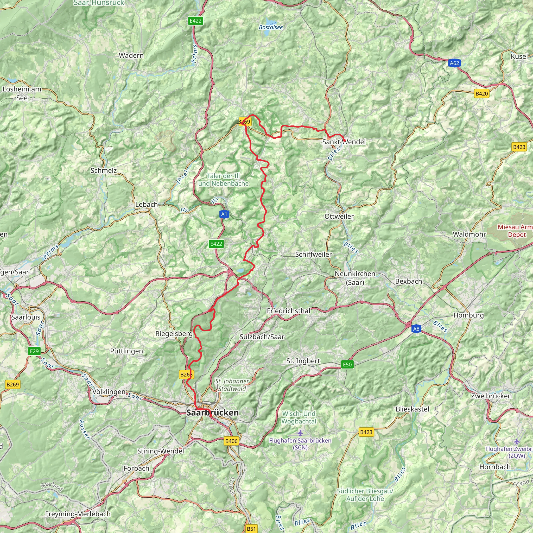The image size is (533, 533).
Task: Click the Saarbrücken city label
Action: tap(212, 413)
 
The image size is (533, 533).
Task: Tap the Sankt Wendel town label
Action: tap(344, 142)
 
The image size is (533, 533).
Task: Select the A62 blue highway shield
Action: tap(454, 63)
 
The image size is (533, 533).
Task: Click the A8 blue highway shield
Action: tap(416, 329)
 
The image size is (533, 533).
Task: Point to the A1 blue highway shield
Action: tap(224, 214)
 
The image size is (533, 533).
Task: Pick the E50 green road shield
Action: tap(347, 364)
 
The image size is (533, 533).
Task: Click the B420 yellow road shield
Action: tap(482, 93)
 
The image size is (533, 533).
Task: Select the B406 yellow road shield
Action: tap(231, 441)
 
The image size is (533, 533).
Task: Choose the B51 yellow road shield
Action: tap(251, 529)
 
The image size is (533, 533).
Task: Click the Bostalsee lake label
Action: tap(271, 27)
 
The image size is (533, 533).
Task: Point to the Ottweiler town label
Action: tap(339, 216)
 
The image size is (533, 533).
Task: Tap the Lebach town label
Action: tap(147, 204)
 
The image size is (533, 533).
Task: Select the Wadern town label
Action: tap(131, 55)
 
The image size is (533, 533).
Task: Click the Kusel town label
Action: tap(519, 56)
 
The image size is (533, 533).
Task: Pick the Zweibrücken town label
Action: tap(491, 396)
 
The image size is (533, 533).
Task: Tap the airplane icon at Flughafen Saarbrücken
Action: tap(300, 433)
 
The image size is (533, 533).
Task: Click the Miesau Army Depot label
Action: tap(515, 231)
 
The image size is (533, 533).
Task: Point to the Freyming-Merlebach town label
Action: tap(78, 514)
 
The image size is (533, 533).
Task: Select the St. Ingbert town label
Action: tap(303, 361)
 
